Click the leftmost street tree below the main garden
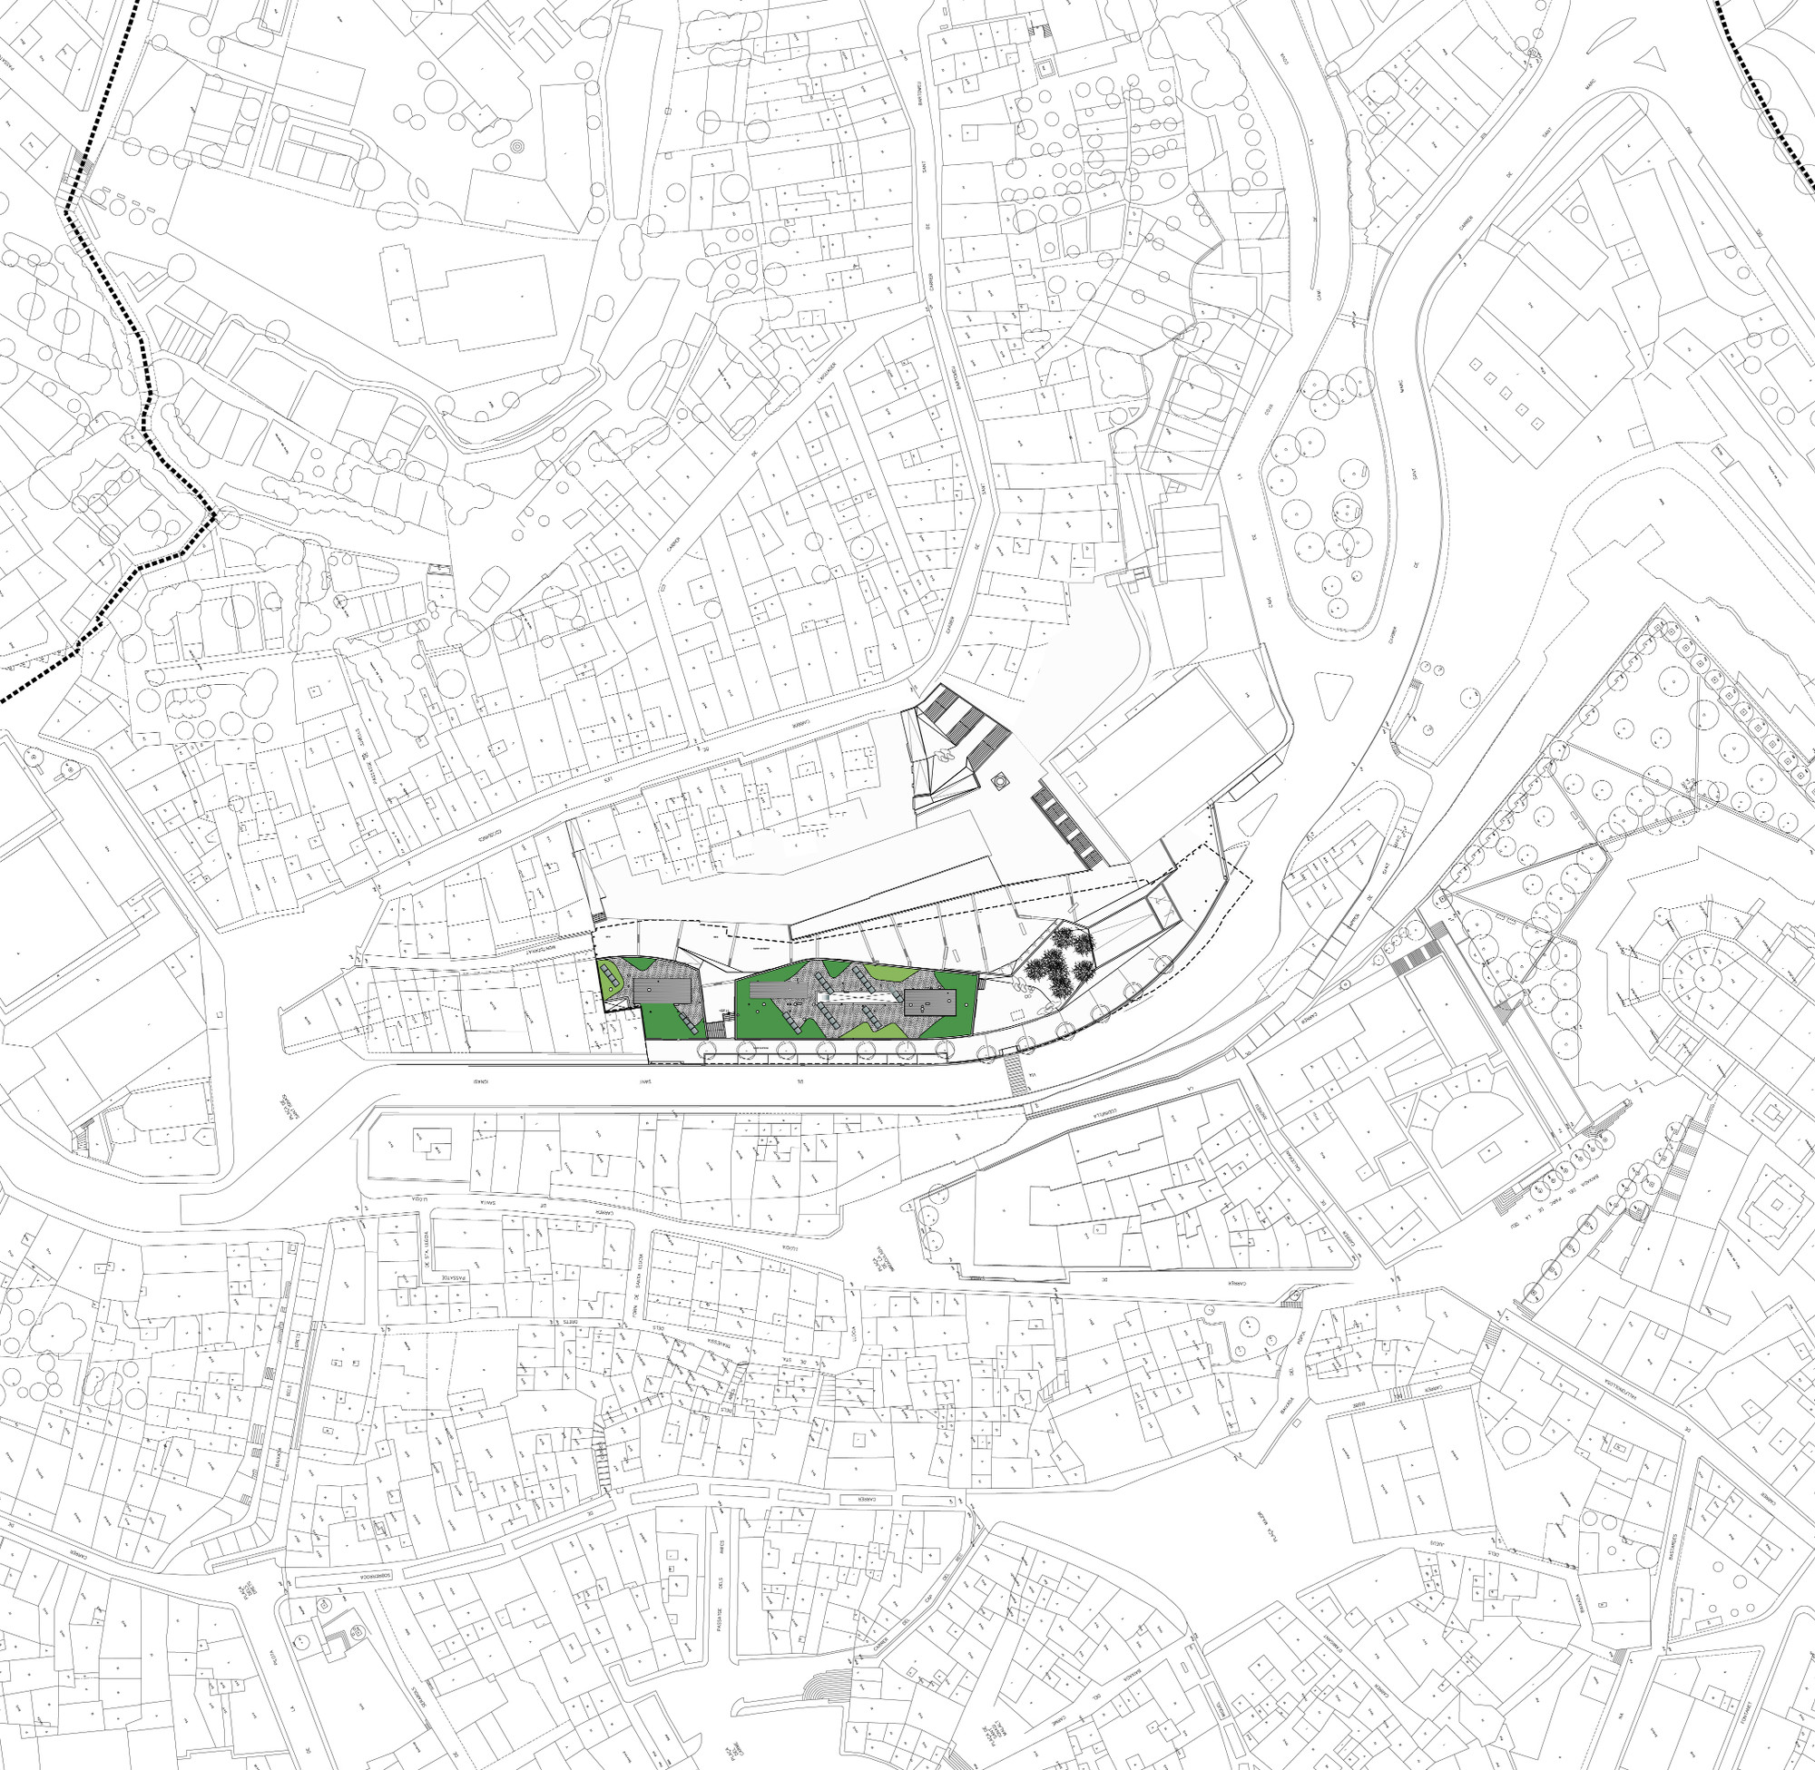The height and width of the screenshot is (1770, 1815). click(x=705, y=1051)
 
